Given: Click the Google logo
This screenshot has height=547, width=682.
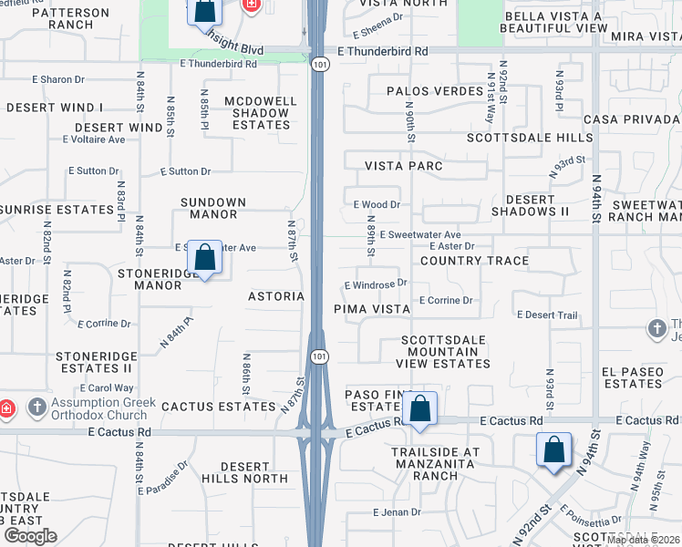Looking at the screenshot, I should click(29, 536).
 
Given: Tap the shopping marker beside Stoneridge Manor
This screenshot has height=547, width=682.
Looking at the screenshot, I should click(205, 259).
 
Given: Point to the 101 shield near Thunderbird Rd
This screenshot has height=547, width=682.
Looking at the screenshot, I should click(316, 65).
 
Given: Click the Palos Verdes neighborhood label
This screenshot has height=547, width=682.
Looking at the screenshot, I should click(421, 91).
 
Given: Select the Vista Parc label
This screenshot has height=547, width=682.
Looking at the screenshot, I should click(404, 166).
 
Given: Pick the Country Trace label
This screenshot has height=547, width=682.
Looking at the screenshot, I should click(474, 261).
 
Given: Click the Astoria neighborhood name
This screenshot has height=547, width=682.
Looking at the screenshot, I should click(276, 296).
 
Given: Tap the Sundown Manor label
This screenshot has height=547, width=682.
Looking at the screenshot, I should click(209, 208).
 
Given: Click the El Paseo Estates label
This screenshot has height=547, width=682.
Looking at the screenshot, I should click(632, 377).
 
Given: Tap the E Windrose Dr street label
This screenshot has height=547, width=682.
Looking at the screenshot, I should click(376, 284).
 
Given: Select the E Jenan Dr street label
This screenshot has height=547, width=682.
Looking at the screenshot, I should click(397, 512).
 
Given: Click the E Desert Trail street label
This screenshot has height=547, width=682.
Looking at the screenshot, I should click(547, 315).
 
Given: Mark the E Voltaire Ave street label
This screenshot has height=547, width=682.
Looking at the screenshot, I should click(94, 139).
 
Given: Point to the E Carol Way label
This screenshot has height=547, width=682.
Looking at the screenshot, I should click(110, 388).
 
